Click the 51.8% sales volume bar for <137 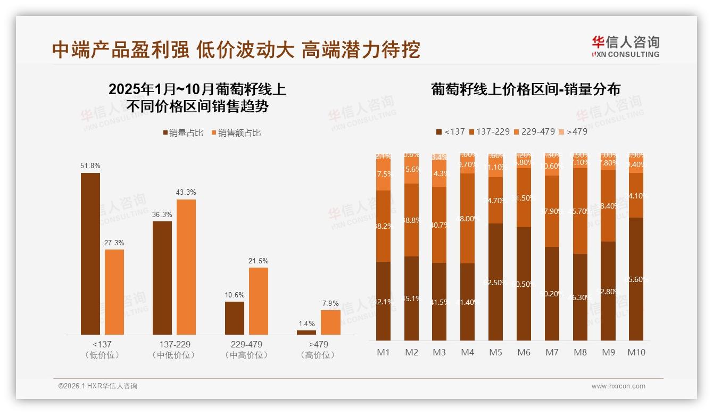pyautogui.click(x=90, y=254)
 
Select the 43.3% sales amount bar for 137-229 pyautogui.click(x=186, y=267)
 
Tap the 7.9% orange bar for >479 pyautogui.click(x=330, y=322)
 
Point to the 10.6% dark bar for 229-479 pyautogui.click(x=235, y=318)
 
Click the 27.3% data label pyautogui.click(x=114, y=243)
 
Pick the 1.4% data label pyautogui.click(x=306, y=323)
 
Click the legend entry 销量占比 pyautogui.click(x=183, y=133)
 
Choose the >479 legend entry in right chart pyautogui.click(x=574, y=131)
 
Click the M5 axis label pyautogui.click(x=495, y=352)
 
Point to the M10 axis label pyautogui.click(x=636, y=352)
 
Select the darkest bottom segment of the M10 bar pyautogui.click(x=636, y=279)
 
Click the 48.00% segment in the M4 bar pyautogui.click(x=467, y=218)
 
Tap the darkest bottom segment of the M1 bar pyautogui.click(x=383, y=301)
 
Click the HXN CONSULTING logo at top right pyautogui.click(x=625, y=46)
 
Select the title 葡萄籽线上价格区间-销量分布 pyautogui.click(x=526, y=89)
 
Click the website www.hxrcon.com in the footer pyautogui.click(x=618, y=386)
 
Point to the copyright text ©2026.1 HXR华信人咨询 pyautogui.click(x=98, y=386)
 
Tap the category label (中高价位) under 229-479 pyautogui.click(x=246, y=355)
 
